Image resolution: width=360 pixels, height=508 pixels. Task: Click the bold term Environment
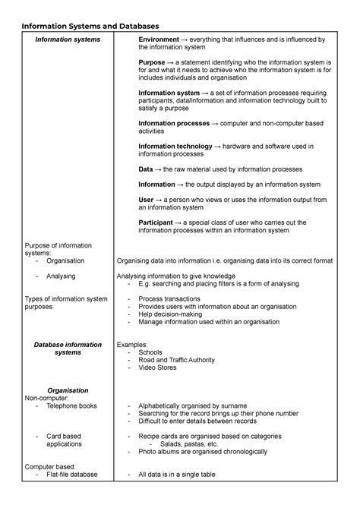click(x=160, y=39)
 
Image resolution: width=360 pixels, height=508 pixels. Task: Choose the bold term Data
click(x=146, y=169)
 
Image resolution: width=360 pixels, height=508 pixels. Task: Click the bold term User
click(x=147, y=200)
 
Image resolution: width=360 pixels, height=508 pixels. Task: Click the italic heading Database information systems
click(x=68, y=349)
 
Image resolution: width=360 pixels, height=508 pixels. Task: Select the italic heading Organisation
click(x=68, y=390)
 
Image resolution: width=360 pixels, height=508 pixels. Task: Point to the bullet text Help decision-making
click(x=172, y=314)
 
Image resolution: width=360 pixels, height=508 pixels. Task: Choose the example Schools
click(x=151, y=352)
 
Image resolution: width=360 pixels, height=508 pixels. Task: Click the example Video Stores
click(x=159, y=368)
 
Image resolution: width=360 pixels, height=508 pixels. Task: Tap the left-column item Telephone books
click(x=71, y=406)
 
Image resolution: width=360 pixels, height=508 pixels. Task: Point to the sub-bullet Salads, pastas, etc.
click(x=184, y=444)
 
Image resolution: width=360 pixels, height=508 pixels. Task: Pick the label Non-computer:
click(x=47, y=398)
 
